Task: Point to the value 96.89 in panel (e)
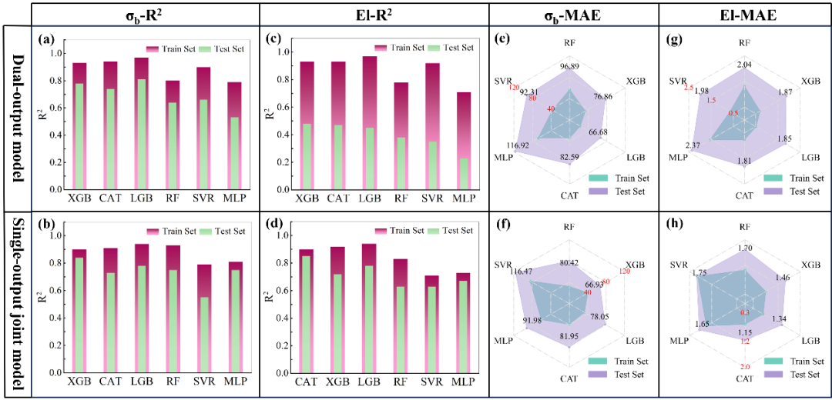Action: click(x=570, y=67)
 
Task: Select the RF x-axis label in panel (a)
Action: click(x=173, y=199)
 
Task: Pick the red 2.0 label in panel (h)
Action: click(x=744, y=368)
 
